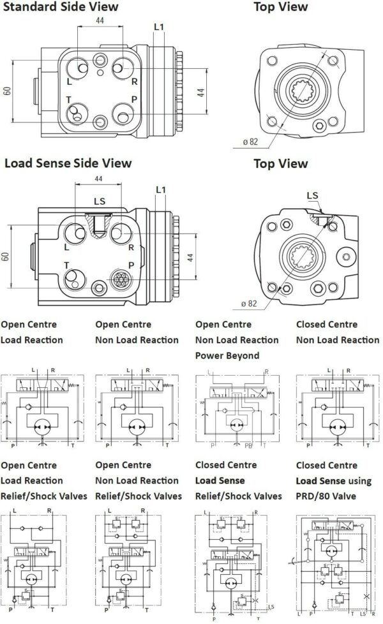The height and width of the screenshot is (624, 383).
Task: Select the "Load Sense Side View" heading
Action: [68, 163]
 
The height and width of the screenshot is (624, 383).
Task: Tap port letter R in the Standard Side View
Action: [134, 82]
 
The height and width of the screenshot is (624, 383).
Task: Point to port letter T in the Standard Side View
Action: [69, 100]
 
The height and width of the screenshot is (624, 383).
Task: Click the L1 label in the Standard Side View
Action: [159, 27]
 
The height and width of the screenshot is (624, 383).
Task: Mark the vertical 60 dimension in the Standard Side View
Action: [7, 90]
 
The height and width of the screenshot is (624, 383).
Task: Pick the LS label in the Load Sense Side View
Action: [100, 202]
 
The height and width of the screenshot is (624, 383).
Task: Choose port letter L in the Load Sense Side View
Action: [67, 247]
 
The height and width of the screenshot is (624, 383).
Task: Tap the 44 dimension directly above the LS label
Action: [98, 179]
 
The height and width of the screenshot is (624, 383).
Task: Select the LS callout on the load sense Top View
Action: [312, 195]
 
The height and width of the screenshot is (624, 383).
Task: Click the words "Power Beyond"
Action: [227, 355]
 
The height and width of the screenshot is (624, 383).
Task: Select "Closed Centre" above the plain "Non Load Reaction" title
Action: [326, 325]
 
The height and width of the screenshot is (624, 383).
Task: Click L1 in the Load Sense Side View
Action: [160, 190]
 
